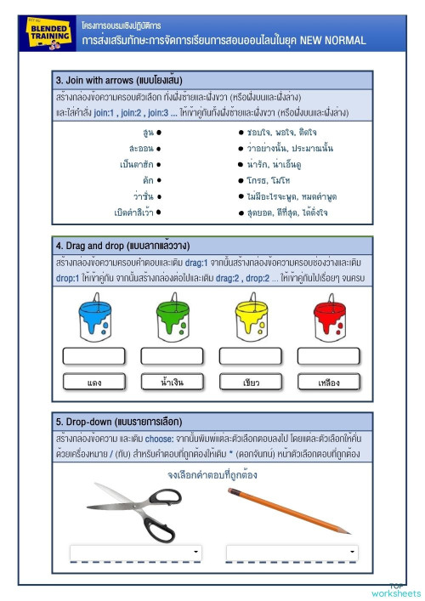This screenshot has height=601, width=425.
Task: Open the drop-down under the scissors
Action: coord(136,553)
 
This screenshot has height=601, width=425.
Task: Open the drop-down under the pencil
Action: coord(292,553)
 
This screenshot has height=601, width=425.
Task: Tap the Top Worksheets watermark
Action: coord(396,589)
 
